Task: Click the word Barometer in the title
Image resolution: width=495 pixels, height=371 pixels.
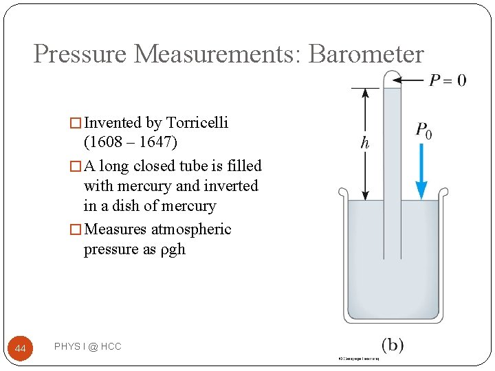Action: tap(366, 54)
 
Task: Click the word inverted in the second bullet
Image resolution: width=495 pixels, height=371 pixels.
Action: tap(232, 185)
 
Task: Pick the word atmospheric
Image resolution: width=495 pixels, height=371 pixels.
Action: tap(193, 229)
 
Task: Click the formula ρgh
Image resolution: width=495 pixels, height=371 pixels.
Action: tap(173, 249)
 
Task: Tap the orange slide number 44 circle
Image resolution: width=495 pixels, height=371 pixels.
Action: tap(21, 349)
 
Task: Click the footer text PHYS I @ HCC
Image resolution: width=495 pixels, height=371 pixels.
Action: tap(87, 347)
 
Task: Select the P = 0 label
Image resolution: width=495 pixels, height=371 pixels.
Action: tap(448, 80)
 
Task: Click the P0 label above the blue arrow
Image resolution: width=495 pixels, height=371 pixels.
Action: tap(423, 131)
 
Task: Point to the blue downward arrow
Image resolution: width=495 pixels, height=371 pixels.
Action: tap(421, 172)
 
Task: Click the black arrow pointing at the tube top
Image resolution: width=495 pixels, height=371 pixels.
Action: tap(412, 80)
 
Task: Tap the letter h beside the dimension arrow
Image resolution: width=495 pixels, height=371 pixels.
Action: tap(365, 144)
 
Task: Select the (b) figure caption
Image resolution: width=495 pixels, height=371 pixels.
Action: tap(392, 345)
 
